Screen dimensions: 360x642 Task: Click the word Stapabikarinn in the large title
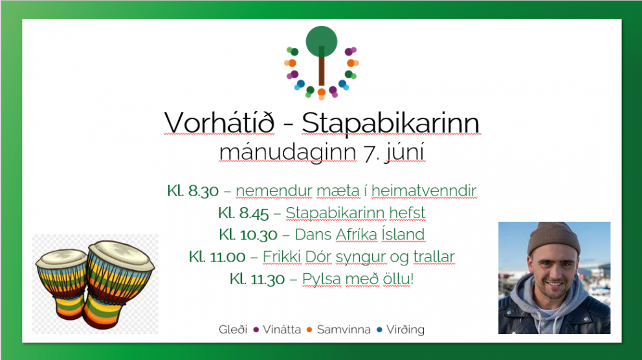(391, 123)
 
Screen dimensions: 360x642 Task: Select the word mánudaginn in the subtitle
(287, 153)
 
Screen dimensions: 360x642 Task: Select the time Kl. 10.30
(248, 234)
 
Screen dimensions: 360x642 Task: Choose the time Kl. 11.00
(217, 257)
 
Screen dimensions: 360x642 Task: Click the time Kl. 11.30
(258, 279)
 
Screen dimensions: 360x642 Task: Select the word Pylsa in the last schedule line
(321, 279)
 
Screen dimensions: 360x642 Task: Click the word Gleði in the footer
(233, 330)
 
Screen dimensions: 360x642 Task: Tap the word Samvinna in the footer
(343, 330)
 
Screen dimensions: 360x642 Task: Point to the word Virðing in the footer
(405, 330)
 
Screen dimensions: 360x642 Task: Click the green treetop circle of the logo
(321, 40)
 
